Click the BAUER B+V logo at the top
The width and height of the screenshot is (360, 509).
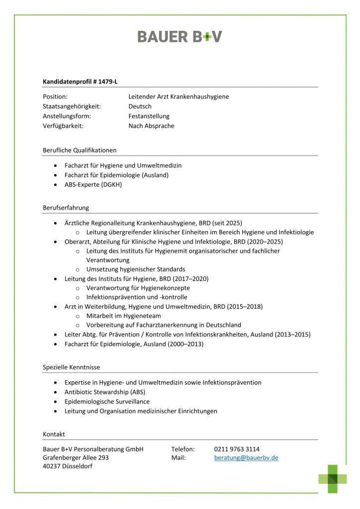point(180,36)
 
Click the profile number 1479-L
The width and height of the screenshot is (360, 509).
point(107,82)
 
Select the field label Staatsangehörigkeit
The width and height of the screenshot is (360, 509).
point(72,106)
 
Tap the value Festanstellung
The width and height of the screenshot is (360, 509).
point(149,116)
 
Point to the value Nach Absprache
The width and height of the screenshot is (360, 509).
point(151,126)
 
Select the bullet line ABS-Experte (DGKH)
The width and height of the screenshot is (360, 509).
point(93,184)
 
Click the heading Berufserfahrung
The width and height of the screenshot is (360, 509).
point(66,207)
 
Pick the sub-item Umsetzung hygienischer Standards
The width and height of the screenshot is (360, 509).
point(136,269)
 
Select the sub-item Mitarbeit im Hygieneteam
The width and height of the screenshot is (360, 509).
point(123,316)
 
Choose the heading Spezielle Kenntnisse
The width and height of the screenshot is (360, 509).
point(71,367)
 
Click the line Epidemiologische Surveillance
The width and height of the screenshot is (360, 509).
point(107,402)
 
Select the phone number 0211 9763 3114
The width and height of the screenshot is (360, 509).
point(237,449)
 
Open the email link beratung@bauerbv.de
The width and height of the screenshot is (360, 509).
point(246,458)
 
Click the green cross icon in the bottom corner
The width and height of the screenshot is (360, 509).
point(333,479)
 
